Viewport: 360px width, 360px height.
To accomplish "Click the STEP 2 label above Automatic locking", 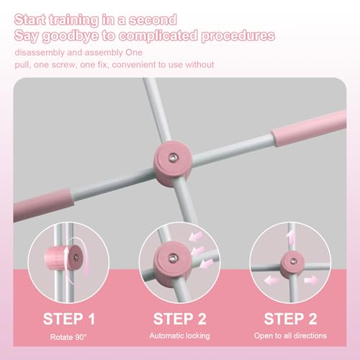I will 179,318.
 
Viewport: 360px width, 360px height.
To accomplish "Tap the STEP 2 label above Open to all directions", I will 292,318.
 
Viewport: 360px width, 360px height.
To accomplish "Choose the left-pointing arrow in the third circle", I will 269,279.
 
